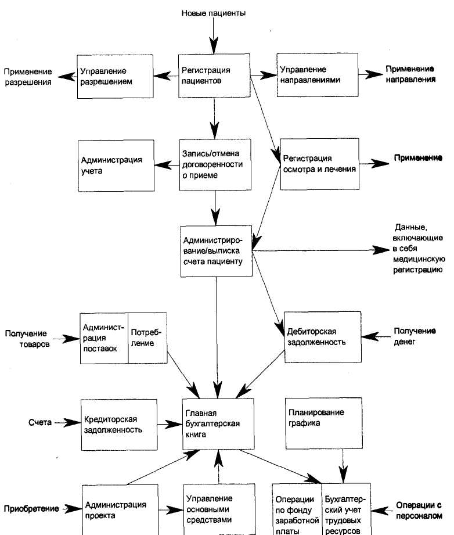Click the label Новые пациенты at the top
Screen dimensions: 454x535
pos(213,13)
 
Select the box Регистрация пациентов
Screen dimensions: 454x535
pos(214,76)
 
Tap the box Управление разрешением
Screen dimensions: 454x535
pos(115,77)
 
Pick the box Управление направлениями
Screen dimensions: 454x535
pos(317,75)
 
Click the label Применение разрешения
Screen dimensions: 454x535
pos(28,77)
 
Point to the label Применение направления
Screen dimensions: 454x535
pos(410,74)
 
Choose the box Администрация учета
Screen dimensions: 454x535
pos(116,166)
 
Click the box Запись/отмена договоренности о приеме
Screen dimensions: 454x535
pos(215,164)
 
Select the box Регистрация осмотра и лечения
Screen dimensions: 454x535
pos(320,164)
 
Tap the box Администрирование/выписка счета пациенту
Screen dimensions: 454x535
pos(216,251)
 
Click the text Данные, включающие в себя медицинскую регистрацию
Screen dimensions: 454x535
pos(419,249)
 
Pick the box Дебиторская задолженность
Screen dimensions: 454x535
pos(323,337)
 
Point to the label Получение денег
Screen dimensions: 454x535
pos(415,336)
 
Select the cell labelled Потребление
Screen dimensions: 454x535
pos(147,338)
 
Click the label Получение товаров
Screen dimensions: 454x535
pos(27,339)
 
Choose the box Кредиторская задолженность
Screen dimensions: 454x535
pos(119,425)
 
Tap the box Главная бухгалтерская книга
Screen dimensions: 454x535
pos(218,424)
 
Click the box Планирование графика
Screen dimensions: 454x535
pos(324,423)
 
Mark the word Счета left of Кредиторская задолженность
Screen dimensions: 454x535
pos(40,422)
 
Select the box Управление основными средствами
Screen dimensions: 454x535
pos(219,509)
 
